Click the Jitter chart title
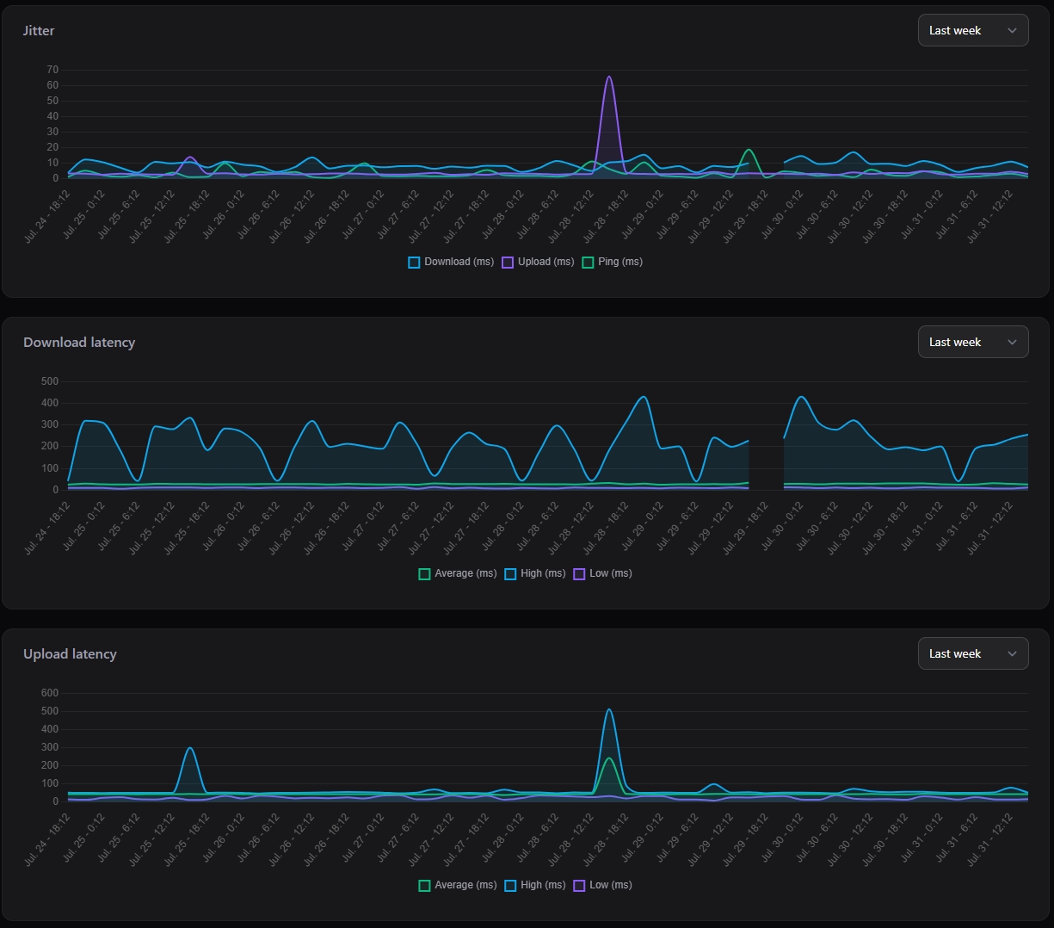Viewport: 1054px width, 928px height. tap(39, 31)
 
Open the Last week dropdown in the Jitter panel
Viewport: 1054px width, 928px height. tap(973, 30)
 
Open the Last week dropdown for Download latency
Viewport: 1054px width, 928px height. tap(973, 342)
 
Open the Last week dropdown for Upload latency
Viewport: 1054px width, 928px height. tap(973, 653)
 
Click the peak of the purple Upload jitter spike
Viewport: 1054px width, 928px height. tap(609, 77)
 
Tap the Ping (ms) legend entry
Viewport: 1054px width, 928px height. tap(613, 262)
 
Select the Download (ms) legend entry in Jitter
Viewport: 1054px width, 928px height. tap(451, 262)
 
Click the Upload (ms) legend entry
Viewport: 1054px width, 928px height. tap(538, 262)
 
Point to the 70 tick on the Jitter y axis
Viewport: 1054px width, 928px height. tap(52, 70)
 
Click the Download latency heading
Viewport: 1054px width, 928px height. tap(79, 343)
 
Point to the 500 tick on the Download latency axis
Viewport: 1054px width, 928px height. tap(50, 381)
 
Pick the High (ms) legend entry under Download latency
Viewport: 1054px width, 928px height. tap(535, 573)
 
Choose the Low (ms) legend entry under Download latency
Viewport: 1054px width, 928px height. tap(603, 573)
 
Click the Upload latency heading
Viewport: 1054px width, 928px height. tap(70, 654)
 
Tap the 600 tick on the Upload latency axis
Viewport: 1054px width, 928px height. tap(50, 693)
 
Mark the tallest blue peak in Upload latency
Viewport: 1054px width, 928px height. tap(609, 709)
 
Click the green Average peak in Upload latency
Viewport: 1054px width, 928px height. tap(609, 758)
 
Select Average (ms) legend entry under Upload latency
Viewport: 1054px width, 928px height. tap(458, 885)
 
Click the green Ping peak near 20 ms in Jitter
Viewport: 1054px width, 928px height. tap(749, 150)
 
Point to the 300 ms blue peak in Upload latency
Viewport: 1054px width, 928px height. tap(190, 748)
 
